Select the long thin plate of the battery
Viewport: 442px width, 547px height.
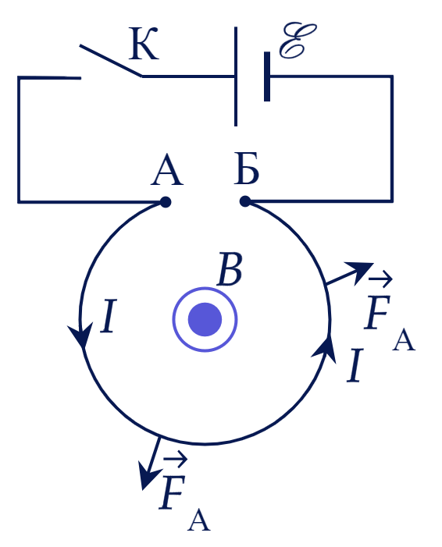pos(236,76)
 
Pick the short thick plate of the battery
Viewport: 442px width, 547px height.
pos(267,76)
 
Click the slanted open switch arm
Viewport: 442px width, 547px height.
pos(111,60)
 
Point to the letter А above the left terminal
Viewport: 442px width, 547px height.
pos(167,169)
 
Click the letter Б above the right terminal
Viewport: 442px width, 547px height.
pos(247,169)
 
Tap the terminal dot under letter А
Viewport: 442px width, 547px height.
pos(166,202)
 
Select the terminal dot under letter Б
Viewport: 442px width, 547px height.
pos(245,201)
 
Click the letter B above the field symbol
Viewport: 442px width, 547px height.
pos(230,269)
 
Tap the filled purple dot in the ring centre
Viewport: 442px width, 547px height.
pos(205,319)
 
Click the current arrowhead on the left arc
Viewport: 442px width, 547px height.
pos(81,335)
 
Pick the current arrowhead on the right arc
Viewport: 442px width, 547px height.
pos(324,350)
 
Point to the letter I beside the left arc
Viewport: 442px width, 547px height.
pos(109,316)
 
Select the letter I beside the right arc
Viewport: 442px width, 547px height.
pos(355,365)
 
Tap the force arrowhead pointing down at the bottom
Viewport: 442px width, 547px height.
pos(148,475)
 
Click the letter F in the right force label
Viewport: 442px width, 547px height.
pos(377,312)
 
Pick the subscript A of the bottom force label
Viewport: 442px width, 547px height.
pos(199,520)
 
